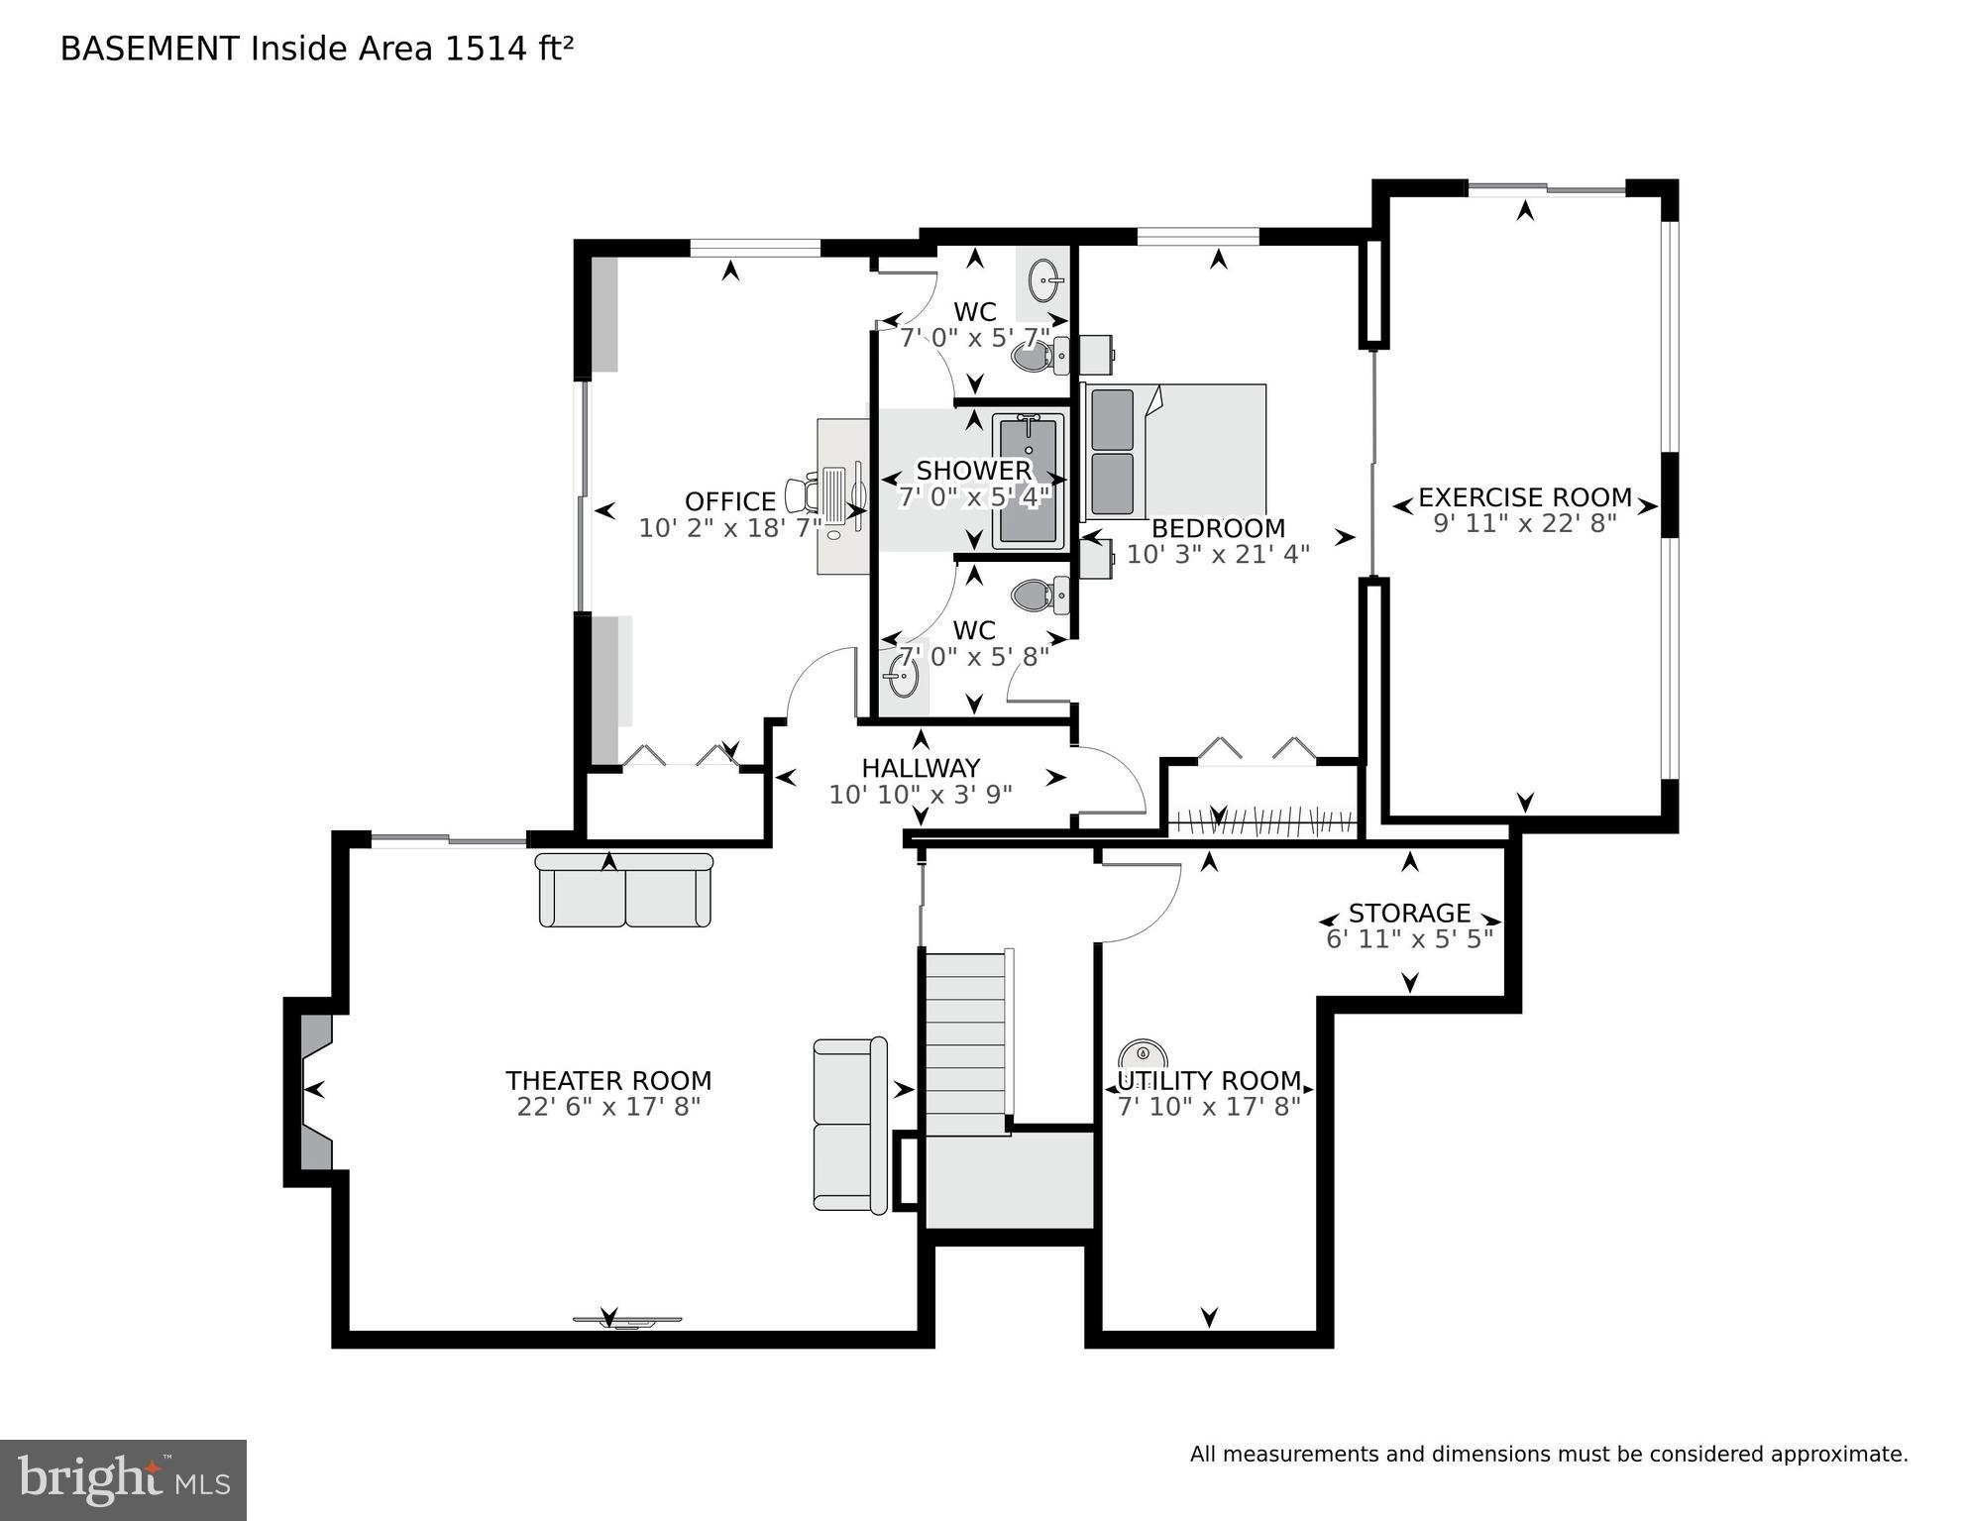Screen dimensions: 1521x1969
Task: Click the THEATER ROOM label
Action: pyautogui.click(x=608, y=1080)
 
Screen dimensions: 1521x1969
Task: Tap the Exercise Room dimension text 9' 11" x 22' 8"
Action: pyautogui.click(x=1524, y=523)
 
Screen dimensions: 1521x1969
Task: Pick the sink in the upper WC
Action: pyautogui.click(x=1045, y=280)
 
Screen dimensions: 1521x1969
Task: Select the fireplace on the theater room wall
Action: pyautogui.click(x=313, y=1090)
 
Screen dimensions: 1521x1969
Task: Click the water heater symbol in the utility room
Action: pyautogui.click(x=1143, y=1053)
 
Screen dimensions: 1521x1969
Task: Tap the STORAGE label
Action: pyautogui.click(x=1409, y=913)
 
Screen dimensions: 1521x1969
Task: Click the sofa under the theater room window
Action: pyautogui.click(x=624, y=891)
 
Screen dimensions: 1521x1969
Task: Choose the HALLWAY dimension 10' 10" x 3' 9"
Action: pyautogui.click(x=921, y=795)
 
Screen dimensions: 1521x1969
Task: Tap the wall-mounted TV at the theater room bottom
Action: pyautogui.click(x=627, y=1321)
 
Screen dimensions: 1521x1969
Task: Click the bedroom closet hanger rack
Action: pyautogui.click(x=1260, y=823)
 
